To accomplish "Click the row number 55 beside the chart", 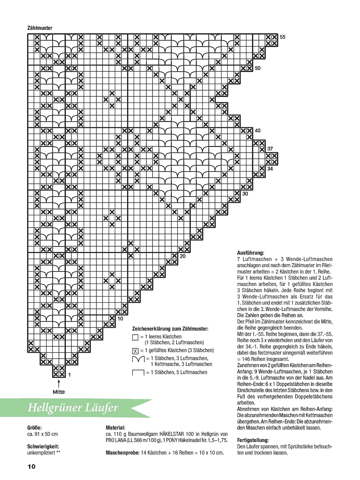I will click(x=283, y=37).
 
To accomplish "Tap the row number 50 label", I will click(x=257, y=68).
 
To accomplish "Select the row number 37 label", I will click(x=270, y=149).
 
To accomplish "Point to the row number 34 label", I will click(x=270, y=168).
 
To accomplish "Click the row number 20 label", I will click(x=182, y=256).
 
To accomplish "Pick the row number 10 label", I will click(x=120, y=319).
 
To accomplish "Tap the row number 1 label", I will click(x=69, y=375).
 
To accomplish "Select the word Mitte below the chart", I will click(x=59, y=392).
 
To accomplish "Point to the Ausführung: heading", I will click(x=250, y=253).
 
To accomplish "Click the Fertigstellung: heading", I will click(x=253, y=440).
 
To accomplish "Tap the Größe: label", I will click(x=34, y=428).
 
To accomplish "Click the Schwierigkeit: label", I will click(x=43, y=446).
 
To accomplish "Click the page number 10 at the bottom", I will click(x=31, y=467).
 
